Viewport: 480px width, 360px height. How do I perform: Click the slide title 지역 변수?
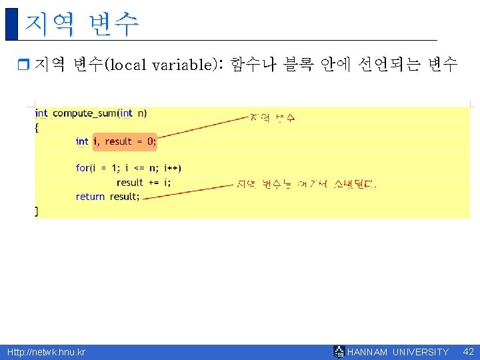coord(81,23)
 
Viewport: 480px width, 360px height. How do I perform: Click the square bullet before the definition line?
coord(23,65)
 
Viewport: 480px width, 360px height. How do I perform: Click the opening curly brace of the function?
coord(37,127)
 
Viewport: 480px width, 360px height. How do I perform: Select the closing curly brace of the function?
coord(37,211)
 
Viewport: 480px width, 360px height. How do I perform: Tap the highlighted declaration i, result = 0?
coord(124,141)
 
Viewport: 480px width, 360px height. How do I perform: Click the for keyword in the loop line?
coord(82,168)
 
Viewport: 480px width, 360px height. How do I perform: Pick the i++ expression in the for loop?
coord(172,168)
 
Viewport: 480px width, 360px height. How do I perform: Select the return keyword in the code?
coord(90,197)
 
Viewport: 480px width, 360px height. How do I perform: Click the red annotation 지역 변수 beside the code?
coord(273,118)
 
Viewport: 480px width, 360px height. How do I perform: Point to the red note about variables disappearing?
coord(306,184)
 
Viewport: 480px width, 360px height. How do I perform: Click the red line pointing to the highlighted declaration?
coord(203,127)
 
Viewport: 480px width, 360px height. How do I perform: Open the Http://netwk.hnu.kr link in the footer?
coord(46,352)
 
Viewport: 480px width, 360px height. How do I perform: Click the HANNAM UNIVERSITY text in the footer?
coord(398,352)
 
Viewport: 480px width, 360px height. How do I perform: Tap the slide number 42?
coord(468,351)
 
